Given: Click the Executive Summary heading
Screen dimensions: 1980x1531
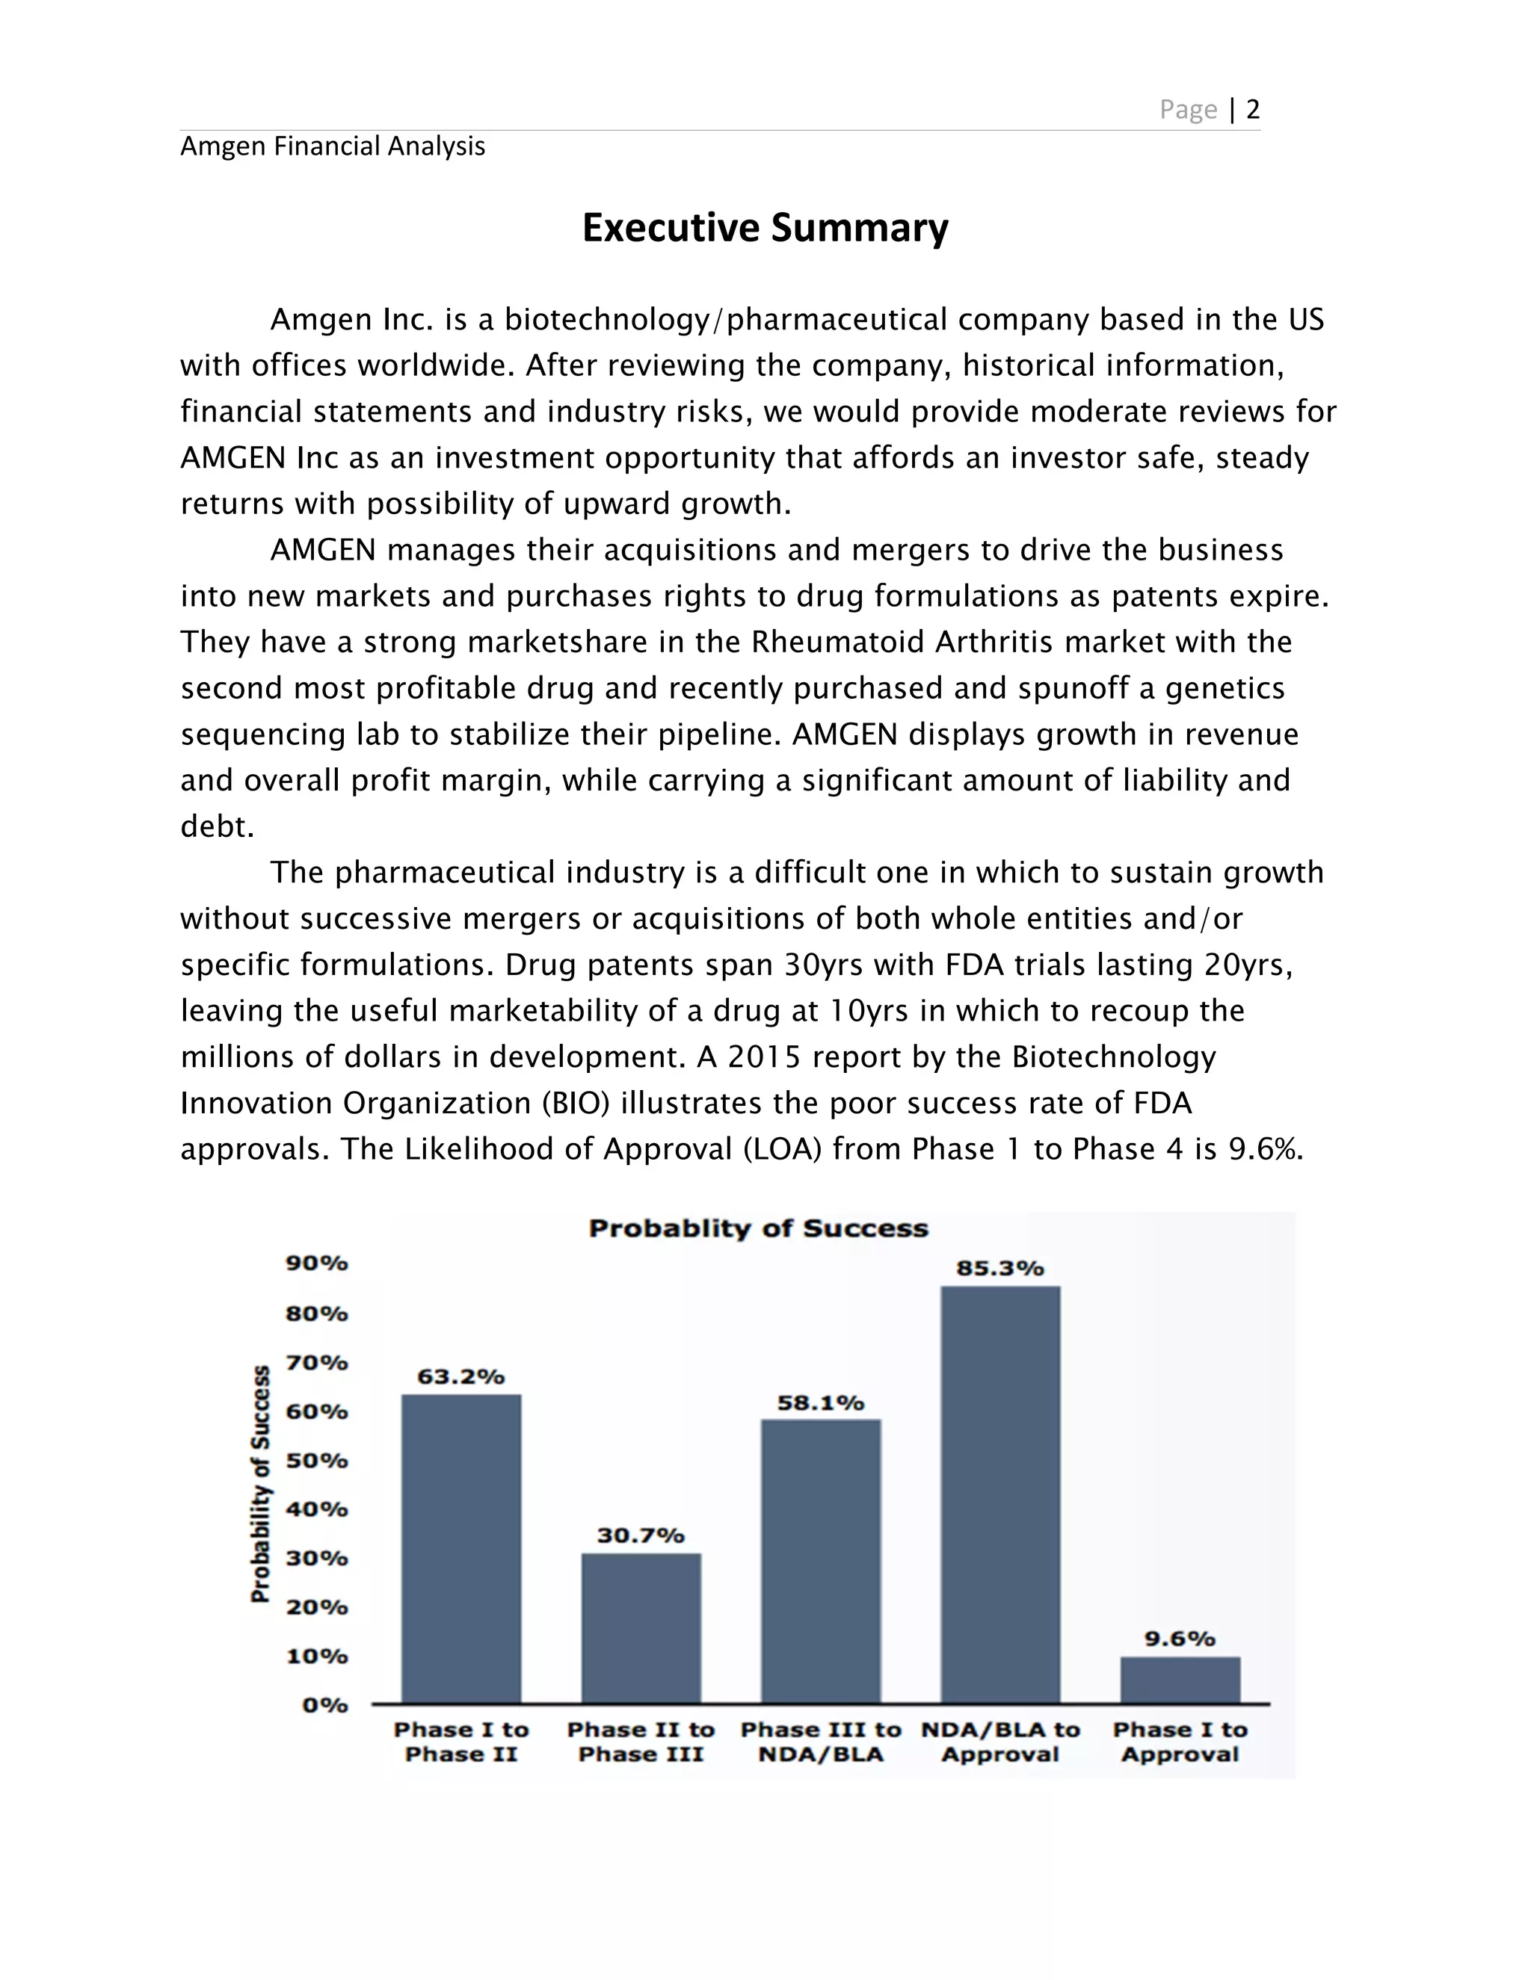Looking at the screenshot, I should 765,228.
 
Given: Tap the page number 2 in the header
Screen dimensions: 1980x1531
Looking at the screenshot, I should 1253,110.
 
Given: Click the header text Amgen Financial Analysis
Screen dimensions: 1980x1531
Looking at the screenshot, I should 332,146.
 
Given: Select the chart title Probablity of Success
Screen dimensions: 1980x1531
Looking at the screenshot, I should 758,1228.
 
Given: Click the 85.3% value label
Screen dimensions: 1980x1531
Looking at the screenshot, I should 999,1269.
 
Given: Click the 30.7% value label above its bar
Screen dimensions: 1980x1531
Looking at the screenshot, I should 641,1535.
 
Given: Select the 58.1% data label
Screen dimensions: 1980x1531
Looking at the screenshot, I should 820,1403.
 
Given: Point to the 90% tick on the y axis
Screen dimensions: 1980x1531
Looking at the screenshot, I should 316,1263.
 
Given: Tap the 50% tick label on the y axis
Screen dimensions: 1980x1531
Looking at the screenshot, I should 316,1461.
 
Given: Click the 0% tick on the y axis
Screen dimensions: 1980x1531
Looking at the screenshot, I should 324,1705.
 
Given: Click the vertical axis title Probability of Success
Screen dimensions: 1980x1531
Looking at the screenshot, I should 260,1483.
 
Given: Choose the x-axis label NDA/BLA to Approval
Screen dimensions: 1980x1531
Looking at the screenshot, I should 999,1742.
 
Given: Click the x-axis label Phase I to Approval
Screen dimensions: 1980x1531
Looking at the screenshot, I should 1179,1742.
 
